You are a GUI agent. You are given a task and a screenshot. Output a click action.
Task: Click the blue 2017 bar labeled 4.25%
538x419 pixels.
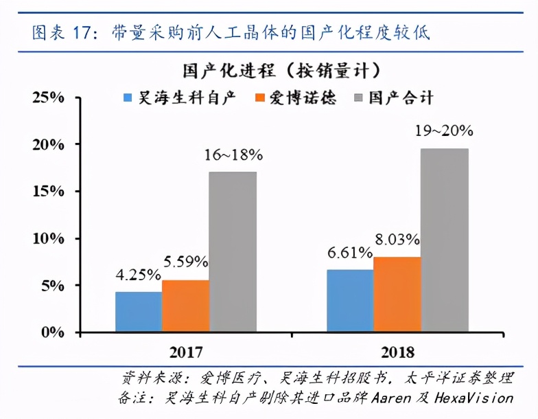coord(139,312)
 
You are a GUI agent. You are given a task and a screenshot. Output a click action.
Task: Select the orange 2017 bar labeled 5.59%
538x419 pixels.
coord(185,306)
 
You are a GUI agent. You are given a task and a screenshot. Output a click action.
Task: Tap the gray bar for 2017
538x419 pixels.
coord(233,252)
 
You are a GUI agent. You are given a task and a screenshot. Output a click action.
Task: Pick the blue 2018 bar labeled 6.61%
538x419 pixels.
coord(350,301)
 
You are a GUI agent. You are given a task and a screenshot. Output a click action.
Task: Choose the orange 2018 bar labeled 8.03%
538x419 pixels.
coord(397,295)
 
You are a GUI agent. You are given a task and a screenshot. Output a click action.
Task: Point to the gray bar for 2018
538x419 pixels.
coord(444,240)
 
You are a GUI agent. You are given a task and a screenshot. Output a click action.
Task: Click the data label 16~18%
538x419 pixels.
coord(233,155)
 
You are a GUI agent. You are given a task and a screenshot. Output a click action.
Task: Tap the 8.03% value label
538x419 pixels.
coord(397,240)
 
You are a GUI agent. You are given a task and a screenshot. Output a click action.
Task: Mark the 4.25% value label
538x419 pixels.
coord(138,275)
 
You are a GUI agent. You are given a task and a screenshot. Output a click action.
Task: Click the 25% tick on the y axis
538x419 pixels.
coord(47,98)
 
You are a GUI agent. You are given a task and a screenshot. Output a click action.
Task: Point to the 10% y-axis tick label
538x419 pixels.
coord(47,238)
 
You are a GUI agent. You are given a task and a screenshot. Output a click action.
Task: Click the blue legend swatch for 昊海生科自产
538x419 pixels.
coord(128,98)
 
